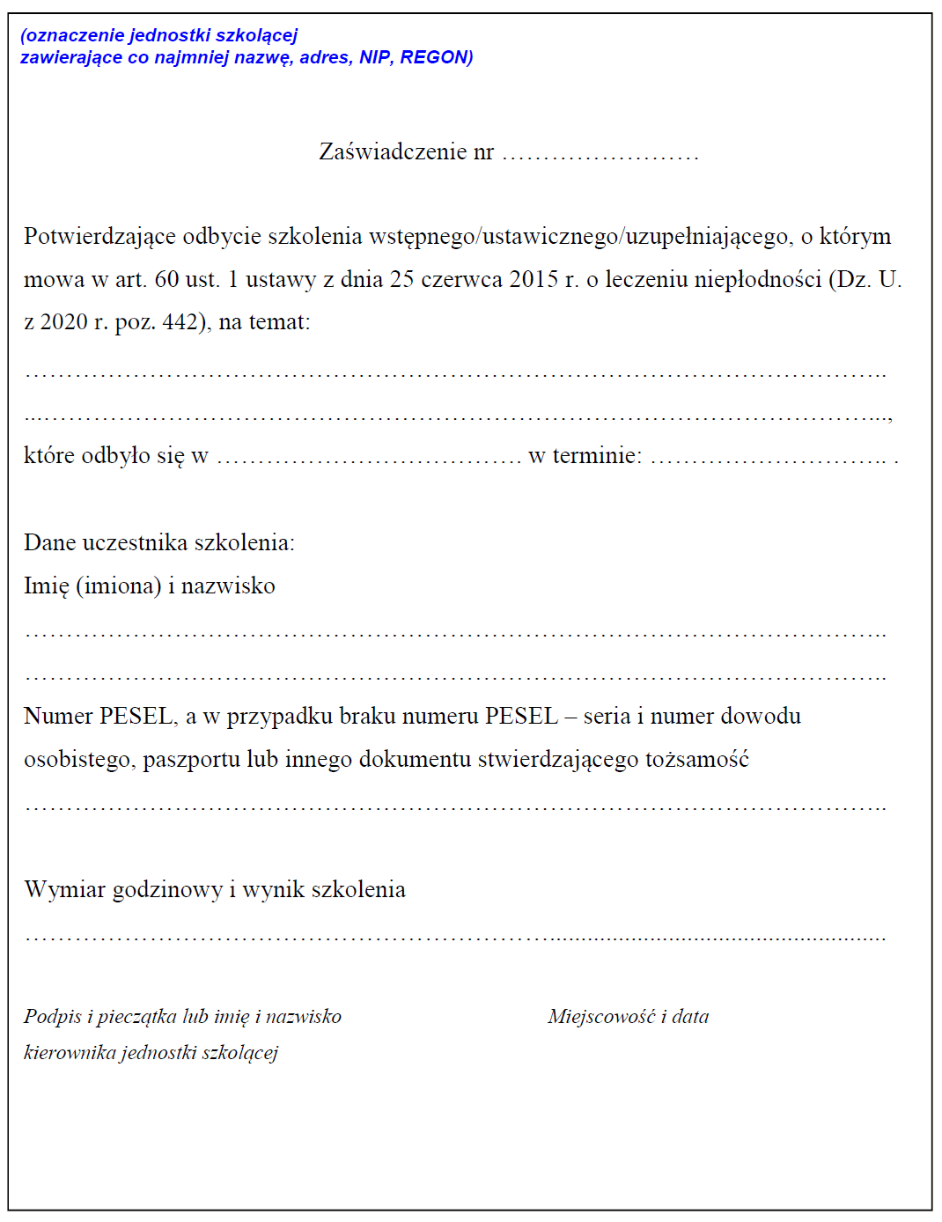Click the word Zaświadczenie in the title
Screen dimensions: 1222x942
click(393, 151)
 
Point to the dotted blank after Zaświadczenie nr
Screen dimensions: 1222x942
click(600, 155)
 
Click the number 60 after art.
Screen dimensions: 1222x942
click(166, 279)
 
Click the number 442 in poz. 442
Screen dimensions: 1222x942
click(180, 322)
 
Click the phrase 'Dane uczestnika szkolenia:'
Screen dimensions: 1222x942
click(159, 542)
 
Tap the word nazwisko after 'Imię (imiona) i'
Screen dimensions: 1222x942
click(228, 585)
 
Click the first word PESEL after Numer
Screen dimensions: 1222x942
click(136, 716)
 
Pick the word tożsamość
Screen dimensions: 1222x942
click(696, 759)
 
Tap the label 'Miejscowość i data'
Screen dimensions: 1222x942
click(628, 1016)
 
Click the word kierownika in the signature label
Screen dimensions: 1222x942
click(69, 1052)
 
